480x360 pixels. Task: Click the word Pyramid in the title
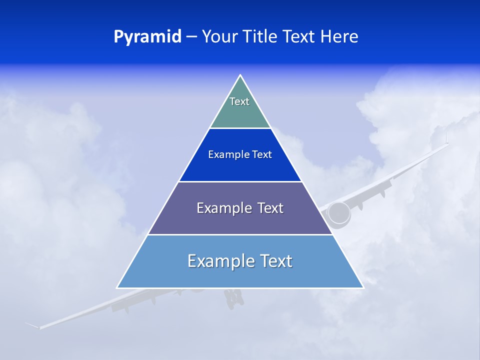(x=147, y=36)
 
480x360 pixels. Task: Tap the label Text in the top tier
(x=239, y=101)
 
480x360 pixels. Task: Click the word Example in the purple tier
(x=223, y=208)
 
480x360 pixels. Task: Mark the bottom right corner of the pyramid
(x=362, y=287)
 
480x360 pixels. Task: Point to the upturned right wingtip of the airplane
(x=446, y=137)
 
